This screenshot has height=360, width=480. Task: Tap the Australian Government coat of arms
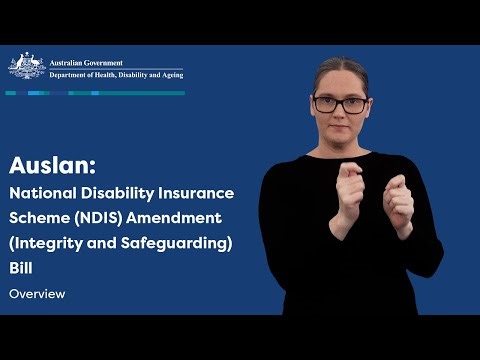pyautogui.click(x=26, y=67)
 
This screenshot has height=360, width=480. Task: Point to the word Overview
pyautogui.click(x=37, y=294)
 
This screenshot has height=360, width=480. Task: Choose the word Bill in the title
pyautogui.click(x=22, y=265)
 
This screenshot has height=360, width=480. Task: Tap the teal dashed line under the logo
pyautogui.click(x=95, y=93)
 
